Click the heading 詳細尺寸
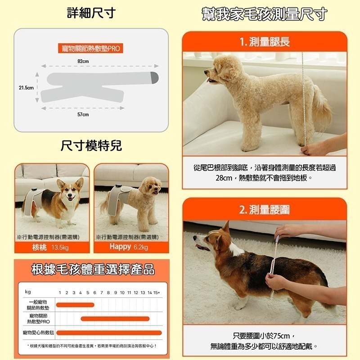(x=91, y=13)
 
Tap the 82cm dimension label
(x=83, y=61)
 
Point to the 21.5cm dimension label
(x=26, y=87)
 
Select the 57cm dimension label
(x=83, y=115)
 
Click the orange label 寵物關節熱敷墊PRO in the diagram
(x=91, y=48)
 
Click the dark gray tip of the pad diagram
(x=154, y=77)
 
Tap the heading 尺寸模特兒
(x=91, y=146)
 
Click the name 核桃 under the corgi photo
(x=40, y=247)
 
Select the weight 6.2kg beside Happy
(x=141, y=247)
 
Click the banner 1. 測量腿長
(x=265, y=42)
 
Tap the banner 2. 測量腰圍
(x=265, y=209)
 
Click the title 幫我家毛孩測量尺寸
(x=264, y=14)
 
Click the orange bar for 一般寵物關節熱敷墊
(x=75, y=305)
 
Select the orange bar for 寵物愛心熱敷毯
(x=108, y=333)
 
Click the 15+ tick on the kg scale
(x=156, y=292)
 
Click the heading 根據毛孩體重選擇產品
(x=92, y=270)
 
